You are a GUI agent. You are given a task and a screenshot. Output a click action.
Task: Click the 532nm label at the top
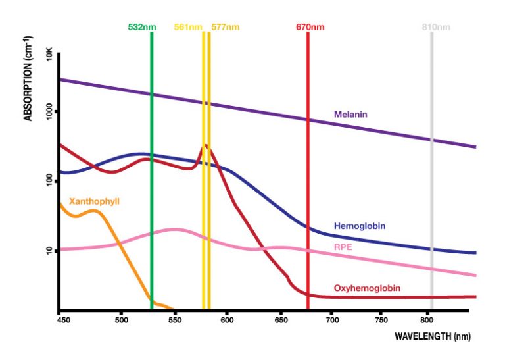[141, 27]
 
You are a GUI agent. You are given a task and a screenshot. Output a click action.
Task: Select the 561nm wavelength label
[188, 27]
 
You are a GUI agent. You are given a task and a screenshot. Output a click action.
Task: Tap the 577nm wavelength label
[226, 27]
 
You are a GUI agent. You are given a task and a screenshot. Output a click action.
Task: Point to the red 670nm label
[310, 27]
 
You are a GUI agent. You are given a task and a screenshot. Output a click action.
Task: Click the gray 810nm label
[436, 27]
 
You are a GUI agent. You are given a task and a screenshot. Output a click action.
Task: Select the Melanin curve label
[350, 115]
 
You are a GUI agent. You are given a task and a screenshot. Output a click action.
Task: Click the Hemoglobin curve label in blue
[360, 226]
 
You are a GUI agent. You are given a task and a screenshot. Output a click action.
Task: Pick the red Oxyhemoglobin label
[367, 288]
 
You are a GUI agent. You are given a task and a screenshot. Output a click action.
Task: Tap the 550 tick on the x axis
[174, 320]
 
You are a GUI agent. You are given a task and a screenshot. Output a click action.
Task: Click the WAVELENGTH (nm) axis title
[433, 336]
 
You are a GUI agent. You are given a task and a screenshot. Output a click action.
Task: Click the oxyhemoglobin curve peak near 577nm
[206, 145]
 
